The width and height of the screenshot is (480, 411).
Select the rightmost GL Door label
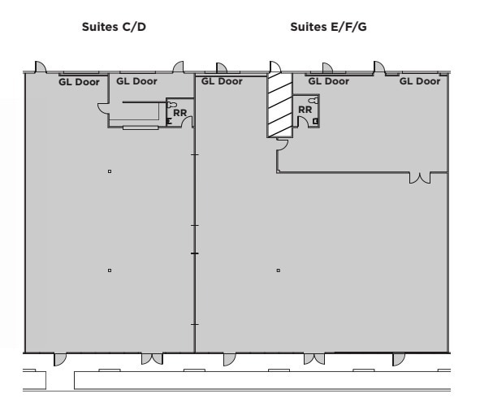coord(419,81)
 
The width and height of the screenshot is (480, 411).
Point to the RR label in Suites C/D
coord(179,112)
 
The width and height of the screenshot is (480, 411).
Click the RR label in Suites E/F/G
coord(305,109)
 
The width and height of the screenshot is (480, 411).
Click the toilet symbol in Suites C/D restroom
coord(172,104)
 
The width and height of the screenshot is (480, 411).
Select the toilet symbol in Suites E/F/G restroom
coord(314,100)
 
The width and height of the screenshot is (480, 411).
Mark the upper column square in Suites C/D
coord(109,171)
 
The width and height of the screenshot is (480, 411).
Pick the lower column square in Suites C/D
coord(109,270)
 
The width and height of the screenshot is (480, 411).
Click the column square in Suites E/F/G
coord(278,270)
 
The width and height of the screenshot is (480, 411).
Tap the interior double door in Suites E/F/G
coord(420,177)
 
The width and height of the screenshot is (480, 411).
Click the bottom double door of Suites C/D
coord(152,358)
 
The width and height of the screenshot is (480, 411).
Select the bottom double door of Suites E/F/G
coord(314,358)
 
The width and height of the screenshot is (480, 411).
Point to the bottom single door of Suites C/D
coord(60,358)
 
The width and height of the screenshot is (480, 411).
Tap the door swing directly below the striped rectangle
coord(282,145)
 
